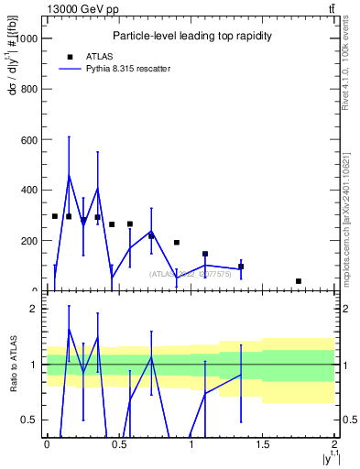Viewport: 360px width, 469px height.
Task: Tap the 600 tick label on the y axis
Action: tap(30, 139)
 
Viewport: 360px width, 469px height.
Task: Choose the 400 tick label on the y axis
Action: tap(30, 190)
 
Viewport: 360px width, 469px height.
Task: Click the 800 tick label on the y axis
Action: tap(30, 89)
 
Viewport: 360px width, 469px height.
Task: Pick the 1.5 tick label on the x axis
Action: tap(264, 446)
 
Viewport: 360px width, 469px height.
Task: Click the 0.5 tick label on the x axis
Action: tap(119, 446)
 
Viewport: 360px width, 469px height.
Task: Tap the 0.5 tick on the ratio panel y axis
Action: tap(32, 420)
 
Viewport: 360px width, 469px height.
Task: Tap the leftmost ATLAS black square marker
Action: tap(55, 216)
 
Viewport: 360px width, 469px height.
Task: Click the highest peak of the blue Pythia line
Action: tap(69, 175)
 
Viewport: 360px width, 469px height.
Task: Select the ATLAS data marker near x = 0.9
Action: tap(177, 243)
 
